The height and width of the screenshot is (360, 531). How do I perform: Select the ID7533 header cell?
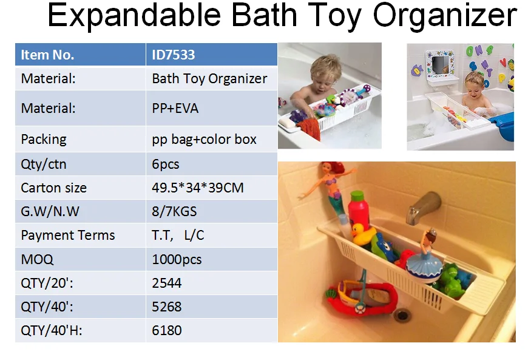[x=174, y=55]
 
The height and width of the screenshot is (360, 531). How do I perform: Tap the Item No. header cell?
[x=47, y=55]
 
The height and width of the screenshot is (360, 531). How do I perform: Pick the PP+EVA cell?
[x=175, y=109]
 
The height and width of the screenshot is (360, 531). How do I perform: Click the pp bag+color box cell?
[x=204, y=139]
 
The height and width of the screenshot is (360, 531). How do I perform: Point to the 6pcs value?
[x=166, y=164]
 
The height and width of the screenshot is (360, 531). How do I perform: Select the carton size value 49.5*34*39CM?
[x=197, y=188]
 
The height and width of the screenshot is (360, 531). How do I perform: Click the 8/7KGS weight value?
[x=174, y=212]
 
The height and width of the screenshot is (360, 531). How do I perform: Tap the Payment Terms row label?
[x=67, y=236]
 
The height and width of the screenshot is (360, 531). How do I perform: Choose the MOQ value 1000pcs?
[x=177, y=259]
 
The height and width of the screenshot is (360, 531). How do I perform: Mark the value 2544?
[x=167, y=283]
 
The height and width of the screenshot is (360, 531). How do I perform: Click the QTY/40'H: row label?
[x=51, y=331]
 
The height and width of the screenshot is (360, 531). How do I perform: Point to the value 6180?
[x=167, y=331]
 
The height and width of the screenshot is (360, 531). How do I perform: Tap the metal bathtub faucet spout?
[x=422, y=206]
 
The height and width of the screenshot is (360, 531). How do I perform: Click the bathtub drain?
[x=402, y=314]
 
